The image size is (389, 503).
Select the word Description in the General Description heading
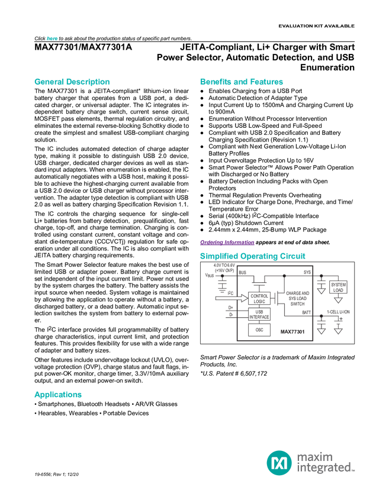coord(88,82)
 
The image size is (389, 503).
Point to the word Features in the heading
coord(268,82)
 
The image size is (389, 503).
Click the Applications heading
coord(57,395)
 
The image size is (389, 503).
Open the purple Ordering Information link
coord(227,242)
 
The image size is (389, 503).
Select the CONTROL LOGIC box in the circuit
coord(259,298)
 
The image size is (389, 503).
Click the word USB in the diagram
coord(259,311)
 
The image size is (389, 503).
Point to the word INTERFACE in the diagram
coord(259,317)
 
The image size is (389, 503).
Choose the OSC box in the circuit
coord(259,330)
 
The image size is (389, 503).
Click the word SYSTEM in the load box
coord(338,285)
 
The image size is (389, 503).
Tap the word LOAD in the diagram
coord(338,291)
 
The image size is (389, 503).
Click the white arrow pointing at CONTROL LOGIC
coord(230,298)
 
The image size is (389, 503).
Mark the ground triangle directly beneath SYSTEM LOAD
coord(338,301)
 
